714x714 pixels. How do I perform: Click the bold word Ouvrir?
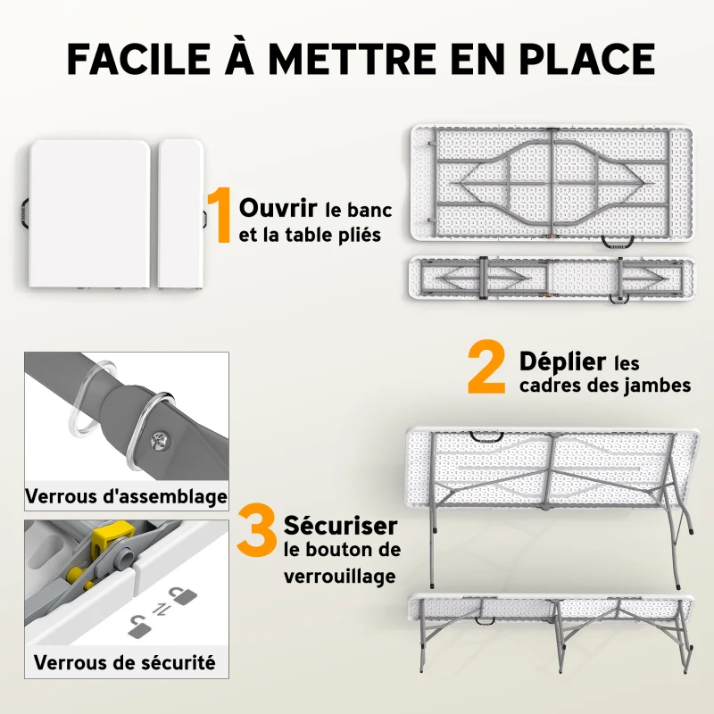click(x=278, y=209)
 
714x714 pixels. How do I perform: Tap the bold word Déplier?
click(x=562, y=362)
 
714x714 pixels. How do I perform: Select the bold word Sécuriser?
click(x=340, y=524)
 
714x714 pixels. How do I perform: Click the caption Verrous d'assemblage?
click(x=126, y=496)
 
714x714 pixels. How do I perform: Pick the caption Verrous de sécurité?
click(x=125, y=662)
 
